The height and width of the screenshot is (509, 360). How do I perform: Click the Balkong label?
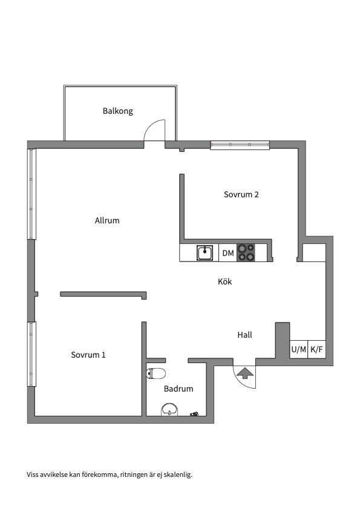click(x=118, y=111)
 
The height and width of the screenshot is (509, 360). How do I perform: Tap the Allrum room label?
click(x=107, y=220)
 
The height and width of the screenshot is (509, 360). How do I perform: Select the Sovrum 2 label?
click(x=241, y=194)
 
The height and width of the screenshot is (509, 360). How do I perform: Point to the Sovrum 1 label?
click(x=88, y=355)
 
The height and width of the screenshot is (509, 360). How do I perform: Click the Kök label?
click(x=225, y=281)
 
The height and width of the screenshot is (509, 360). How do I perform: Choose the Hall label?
click(x=245, y=335)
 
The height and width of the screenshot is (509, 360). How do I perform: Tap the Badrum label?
click(x=178, y=389)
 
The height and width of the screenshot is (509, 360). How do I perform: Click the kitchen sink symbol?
click(x=205, y=252)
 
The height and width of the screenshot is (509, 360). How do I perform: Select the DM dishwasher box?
click(x=228, y=253)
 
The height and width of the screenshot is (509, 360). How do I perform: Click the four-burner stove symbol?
click(x=246, y=253)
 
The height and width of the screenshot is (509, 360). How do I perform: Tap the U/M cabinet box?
click(x=299, y=349)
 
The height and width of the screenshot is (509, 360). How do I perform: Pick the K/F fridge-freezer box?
click(x=316, y=349)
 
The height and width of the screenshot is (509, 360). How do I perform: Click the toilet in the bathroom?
click(x=156, y=373)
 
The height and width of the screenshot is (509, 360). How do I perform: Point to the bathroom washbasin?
click(x=170, y=410)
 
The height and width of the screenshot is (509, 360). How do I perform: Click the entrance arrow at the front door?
click(x=245, y=373)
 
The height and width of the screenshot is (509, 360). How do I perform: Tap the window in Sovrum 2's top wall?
click(x=240, y=145)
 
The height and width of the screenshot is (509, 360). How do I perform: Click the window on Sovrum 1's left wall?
click(x=31, y=354)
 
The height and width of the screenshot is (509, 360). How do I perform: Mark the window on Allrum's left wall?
click(x=31, y=194)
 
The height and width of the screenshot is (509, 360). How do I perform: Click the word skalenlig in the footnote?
click(x=178, y=475)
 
